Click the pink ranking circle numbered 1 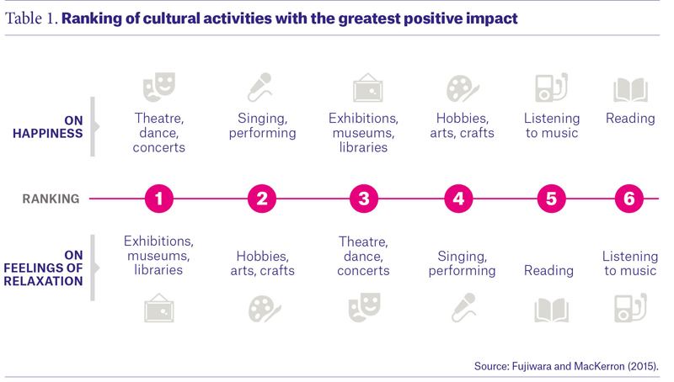click(x=159, y=199)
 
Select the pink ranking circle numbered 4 click(x=458, y=199)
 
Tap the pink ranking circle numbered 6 click(x=629, y=199)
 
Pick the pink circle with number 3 click(x=364, y=199)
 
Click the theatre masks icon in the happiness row click(x=159, y=87)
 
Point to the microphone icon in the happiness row click(x=260, y=88)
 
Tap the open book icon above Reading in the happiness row click(x=630, y=90)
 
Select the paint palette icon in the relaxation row click(x=264, y=309)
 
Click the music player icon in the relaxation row click(x=630, y=308)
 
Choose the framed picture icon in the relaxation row click(x=159, y=308)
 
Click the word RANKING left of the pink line click(x=51, y=199)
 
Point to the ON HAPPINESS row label click(x=48, y=127)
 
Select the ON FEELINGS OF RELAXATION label click(x=44, y=268)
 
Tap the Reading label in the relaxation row click(x=548, y=270)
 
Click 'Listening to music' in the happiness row click(x=552, y=125)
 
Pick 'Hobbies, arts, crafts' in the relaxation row click(x=263, y=263)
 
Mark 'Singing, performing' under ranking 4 click(x=462, y=263)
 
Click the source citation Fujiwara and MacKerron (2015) click(x=566, y=366)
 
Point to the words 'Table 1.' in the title click(x=31, y=19)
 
